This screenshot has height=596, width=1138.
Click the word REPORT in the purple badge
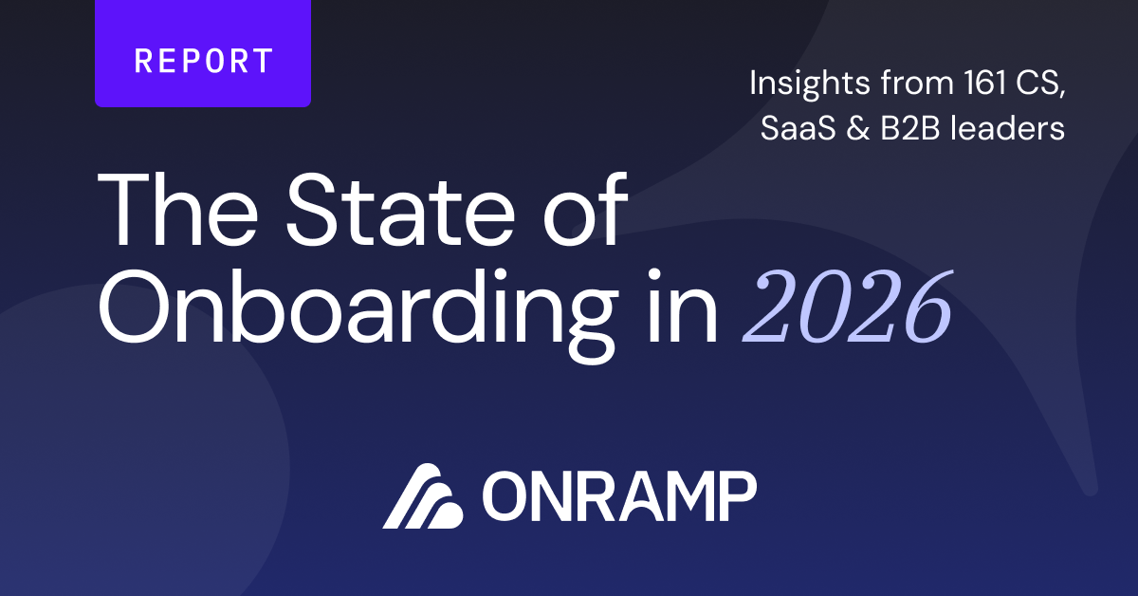[x=203, y=61]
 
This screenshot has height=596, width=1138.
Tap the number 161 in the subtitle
[x=984, y=83]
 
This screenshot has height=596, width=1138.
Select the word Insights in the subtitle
[x=810, y=84]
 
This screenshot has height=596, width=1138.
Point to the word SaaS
[x=798, y=127]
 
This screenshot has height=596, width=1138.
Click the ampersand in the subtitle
[x=858, y=127]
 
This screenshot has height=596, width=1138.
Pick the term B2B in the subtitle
[x=910, y=127]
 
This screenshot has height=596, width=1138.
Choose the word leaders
[x=1007, y=126]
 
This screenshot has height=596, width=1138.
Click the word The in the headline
[x=177, y=210]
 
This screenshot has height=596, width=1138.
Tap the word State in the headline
[x=401, y=210]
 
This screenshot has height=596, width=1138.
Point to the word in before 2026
[x=684, y=307]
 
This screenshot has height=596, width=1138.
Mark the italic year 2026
[x=848, y=307]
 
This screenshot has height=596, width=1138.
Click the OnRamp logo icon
[x=423, y=495]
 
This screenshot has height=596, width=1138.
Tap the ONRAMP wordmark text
[x=619, y=495]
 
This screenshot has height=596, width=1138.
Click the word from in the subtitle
[x=917, y=83]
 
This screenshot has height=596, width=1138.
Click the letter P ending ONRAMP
[x=738, y=495]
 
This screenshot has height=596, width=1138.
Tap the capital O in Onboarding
[x=134, y=307]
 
